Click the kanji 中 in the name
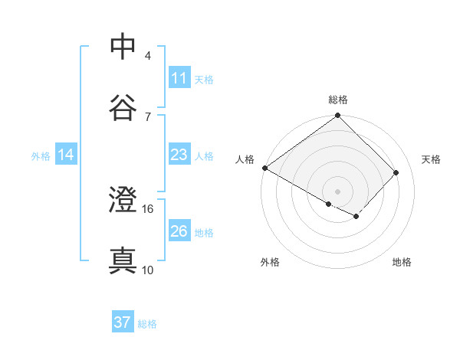(123, 47)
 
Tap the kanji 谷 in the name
(123, 107)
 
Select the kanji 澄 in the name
(123, 200)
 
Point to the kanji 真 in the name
(123, 260)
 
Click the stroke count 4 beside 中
(147, 55)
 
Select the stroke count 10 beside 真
(148, 269)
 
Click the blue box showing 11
(179, 78)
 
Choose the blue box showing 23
(179, 155)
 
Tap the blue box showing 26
(179, 232)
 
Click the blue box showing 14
(66, 155)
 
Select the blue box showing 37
(123, 322)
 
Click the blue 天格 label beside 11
(204, 79)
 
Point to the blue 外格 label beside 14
(41, 156)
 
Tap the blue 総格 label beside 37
(147, 323)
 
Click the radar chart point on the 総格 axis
(337, 116)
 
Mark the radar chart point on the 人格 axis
(264, 168)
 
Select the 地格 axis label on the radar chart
(402, 263)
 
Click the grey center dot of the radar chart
(337, 191)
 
